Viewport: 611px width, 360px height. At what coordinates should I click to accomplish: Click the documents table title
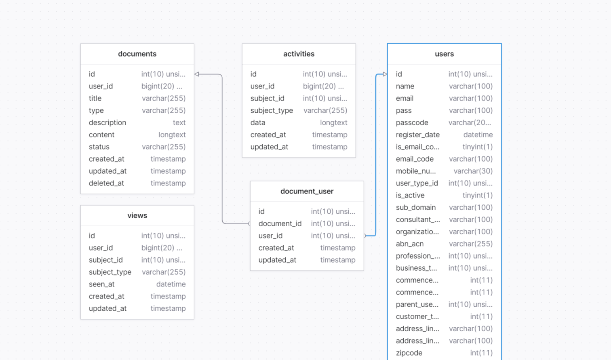coord(137,54)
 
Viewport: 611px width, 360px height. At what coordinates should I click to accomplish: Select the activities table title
coord(299,54)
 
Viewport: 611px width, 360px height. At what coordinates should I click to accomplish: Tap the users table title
coord(444,54)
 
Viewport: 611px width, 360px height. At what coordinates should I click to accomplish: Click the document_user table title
coord(307,191)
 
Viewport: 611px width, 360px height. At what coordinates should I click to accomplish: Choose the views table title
coord(137,215)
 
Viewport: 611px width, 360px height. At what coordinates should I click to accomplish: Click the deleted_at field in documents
coord(106,183)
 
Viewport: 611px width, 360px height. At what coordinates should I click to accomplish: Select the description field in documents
coord(107,122)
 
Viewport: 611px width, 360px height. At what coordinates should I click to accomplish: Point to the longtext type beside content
coord(172,135)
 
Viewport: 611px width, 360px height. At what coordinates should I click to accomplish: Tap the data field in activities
coord(258,122)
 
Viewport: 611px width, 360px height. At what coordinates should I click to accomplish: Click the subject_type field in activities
coord(272,110)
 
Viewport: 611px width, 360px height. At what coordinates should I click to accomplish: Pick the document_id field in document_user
coord(280,223)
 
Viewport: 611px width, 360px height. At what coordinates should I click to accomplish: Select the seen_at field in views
coord(102,284)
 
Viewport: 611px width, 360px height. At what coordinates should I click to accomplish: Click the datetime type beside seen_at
coord(171,284)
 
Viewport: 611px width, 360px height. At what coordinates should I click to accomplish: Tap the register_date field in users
coord(418,135)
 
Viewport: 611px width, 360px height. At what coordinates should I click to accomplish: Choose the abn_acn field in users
coord(410,244)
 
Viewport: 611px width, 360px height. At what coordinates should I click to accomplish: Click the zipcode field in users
coord(409,353)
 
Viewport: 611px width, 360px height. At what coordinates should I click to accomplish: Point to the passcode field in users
coord(412,122)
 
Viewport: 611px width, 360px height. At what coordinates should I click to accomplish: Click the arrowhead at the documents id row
coord(197,74)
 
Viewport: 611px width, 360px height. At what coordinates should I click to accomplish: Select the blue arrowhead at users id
coord(385,74)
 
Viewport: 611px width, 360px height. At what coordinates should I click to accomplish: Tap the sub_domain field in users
coord(416,207)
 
